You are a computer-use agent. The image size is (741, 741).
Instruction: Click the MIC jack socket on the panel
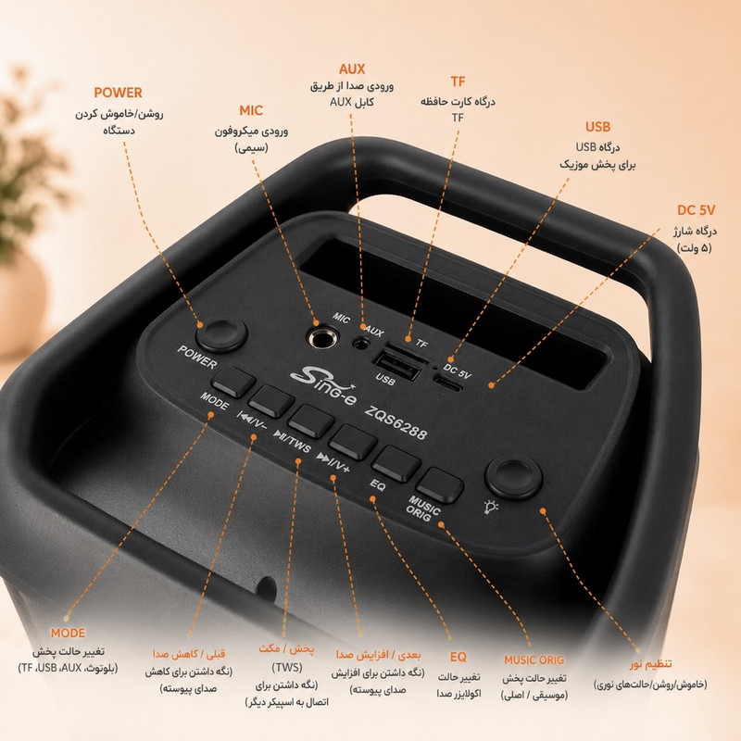pos(323,338)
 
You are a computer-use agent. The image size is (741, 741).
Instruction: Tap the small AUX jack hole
pos(361,343)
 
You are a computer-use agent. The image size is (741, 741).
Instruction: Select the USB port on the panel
pos(397,365)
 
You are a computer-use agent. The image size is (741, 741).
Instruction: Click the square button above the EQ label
pos(396,464)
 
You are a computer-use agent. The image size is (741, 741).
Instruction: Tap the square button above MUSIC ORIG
pos(439,484)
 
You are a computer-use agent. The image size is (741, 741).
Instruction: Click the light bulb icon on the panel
pos(491,507)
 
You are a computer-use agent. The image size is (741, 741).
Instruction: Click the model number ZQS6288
pos(396,422)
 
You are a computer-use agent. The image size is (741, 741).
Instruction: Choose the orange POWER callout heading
pos(118,93)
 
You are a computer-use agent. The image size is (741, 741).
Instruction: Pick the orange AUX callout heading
pos(352,69)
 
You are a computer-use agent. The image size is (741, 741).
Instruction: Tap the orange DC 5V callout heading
pos(696,210)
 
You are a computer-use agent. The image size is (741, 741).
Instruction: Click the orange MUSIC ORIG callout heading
pos(534,659)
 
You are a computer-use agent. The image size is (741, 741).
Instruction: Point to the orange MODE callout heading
pos(68,633)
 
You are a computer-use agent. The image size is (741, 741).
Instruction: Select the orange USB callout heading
pos(597,127)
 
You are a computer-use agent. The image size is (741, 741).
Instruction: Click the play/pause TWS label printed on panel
pos(293,442)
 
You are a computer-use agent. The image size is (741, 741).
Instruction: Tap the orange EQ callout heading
pos(458,657)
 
